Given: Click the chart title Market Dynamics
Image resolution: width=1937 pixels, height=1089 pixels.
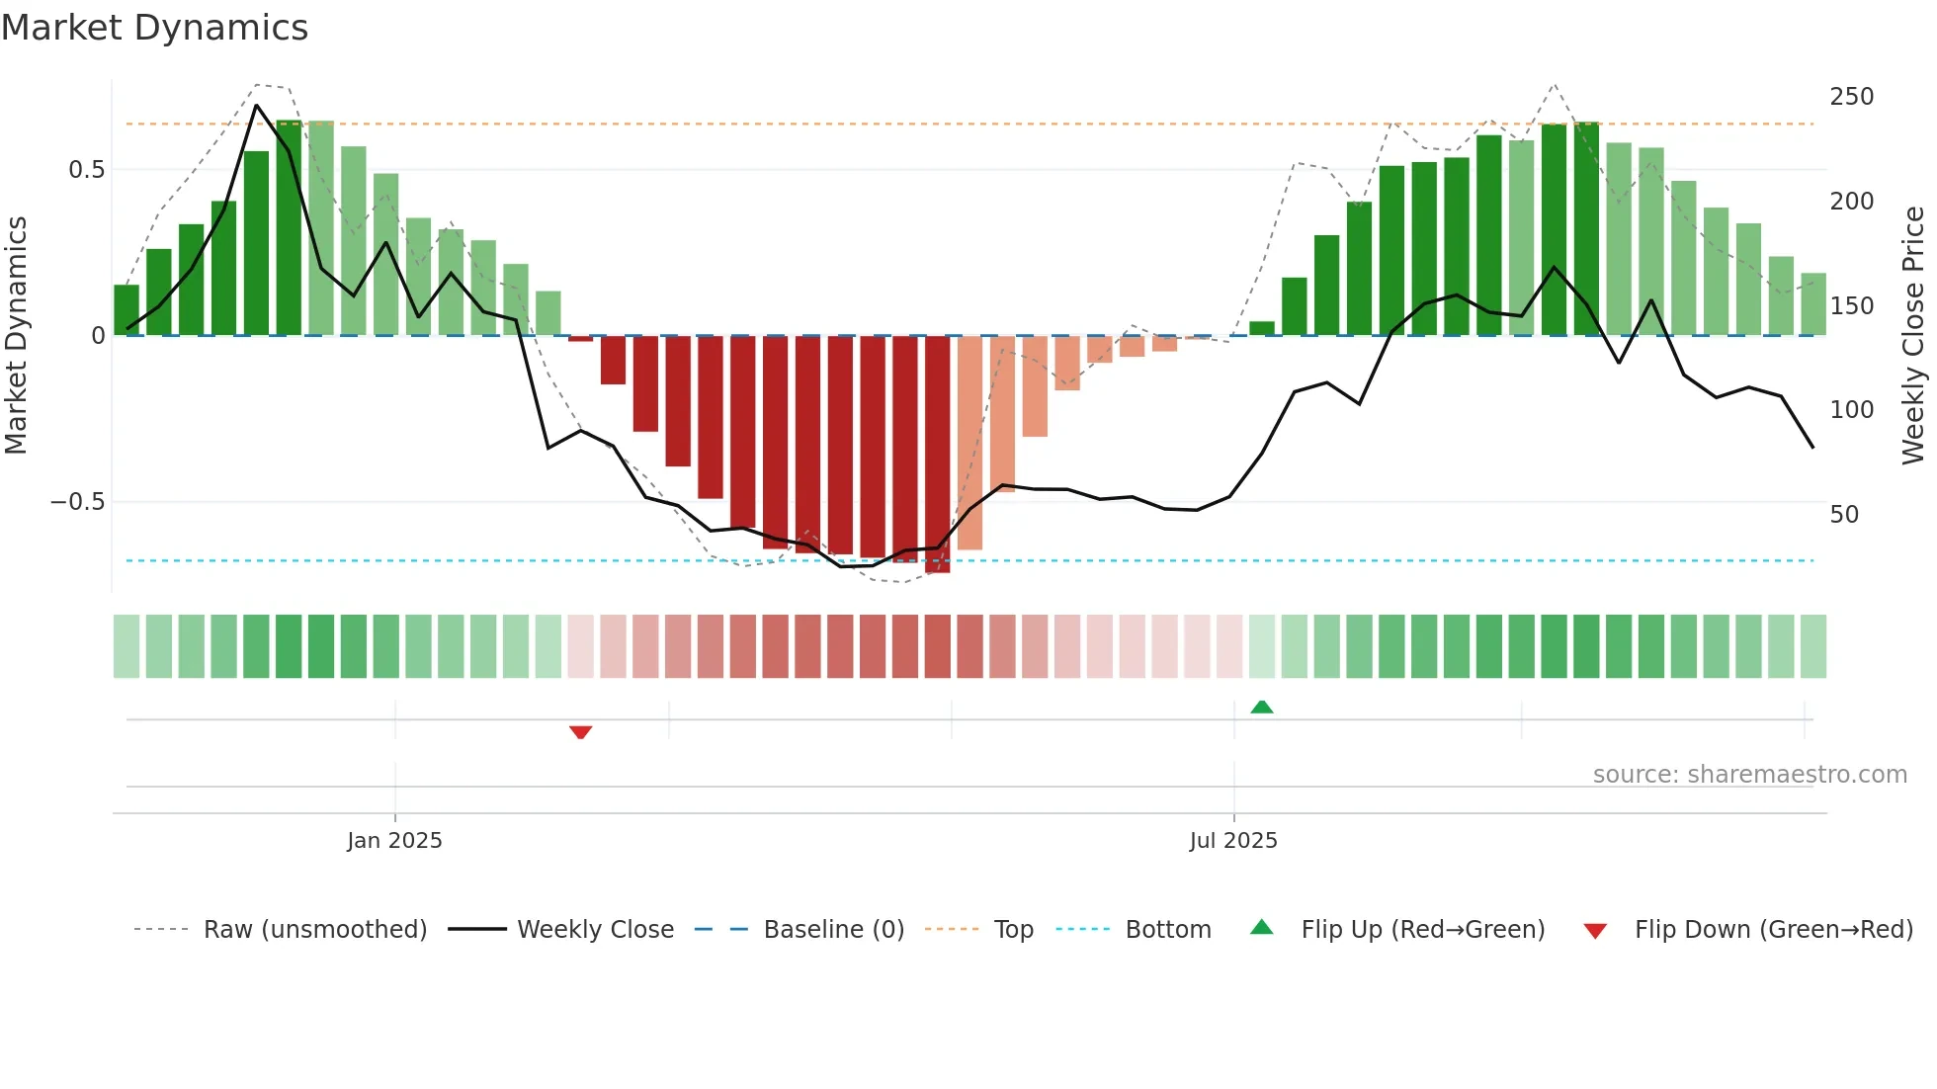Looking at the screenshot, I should tap(154, 28).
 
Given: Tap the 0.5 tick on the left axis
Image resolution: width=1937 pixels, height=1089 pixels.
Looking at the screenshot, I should tap(86, 170).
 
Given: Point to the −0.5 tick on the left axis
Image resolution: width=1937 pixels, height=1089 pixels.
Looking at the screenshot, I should tap(77, 502).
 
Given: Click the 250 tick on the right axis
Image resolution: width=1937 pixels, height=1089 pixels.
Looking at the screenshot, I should tap(1851, 97).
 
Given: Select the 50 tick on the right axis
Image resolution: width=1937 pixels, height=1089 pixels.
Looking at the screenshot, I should tap(1844, 515).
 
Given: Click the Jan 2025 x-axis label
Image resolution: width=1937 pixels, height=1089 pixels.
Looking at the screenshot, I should tap(394, 841).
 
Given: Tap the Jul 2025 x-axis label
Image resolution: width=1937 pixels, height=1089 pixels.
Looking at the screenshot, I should tap(1233, 841).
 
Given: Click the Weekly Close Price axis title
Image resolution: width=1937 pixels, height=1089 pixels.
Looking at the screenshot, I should tap(1913, 336).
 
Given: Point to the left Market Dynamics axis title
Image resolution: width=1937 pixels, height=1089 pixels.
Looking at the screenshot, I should tap(16, 336).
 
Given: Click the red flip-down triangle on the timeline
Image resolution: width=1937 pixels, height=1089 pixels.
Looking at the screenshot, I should tap(581, 732).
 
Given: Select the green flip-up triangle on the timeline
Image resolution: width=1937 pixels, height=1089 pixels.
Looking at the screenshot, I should tap(1262, 707).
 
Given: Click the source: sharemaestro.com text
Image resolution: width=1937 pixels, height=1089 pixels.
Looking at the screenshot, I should tap(1749, 775).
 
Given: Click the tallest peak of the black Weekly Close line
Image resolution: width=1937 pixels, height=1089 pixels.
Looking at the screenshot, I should tap(257, 105).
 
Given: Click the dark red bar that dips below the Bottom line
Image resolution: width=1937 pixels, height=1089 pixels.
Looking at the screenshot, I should tap(937, 455).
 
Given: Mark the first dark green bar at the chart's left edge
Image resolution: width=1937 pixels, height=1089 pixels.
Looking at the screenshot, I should tap(126, 310).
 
